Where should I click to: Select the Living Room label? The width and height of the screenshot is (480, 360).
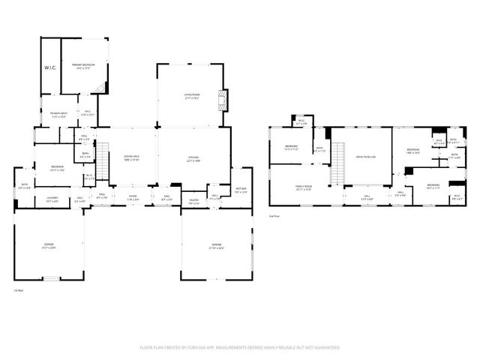(x=192, y=96)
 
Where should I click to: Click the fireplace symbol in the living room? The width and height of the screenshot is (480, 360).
(x=220, y=100)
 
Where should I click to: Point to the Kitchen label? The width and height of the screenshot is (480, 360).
(x=193, y=159)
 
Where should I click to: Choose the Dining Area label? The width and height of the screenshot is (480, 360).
(x=132, y=158)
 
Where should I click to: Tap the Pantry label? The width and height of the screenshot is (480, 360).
(x=193, y=201)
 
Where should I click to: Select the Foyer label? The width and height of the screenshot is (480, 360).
(x=132, y=198)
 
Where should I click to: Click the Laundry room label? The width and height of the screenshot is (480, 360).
(x=52, y=200)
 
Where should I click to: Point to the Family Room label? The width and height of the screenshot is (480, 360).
(x=303, y=188)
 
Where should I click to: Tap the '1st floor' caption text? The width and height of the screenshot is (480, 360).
(x=19, y=289)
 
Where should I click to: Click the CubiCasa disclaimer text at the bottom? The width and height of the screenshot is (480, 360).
(x=240, y=348)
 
